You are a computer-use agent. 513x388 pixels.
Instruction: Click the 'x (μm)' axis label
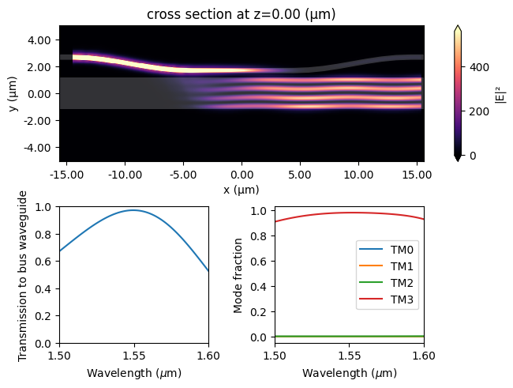coord(242,190)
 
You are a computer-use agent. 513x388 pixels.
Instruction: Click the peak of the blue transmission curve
coord(134,210)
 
